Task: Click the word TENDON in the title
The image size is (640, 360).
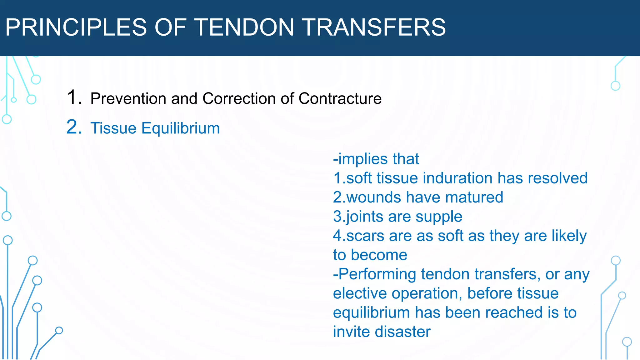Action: pos(245,27)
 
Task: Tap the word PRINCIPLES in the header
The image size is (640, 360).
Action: pos(76,27)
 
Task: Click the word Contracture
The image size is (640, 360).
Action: pos(340,98)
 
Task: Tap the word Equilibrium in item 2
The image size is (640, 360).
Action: pos(181,128)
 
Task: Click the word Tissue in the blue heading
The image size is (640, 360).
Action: pos(113,128)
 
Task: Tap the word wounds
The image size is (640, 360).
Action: pos(373,197)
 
